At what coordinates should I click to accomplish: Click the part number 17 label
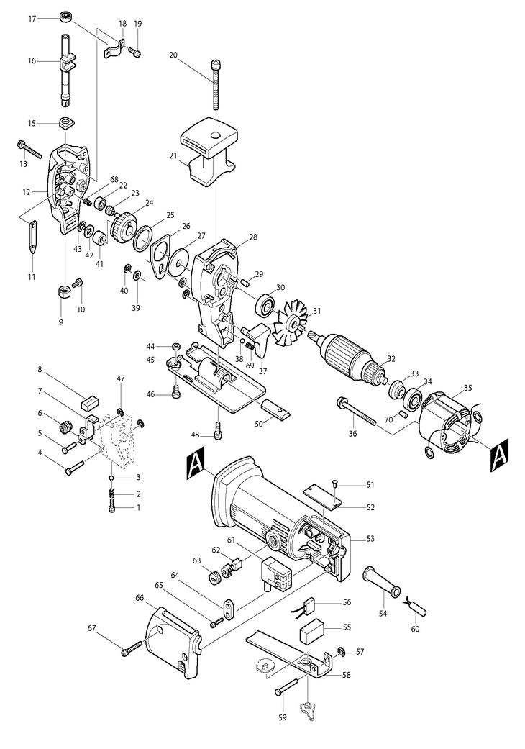pos(32,19)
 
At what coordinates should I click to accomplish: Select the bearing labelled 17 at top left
pos(65,17)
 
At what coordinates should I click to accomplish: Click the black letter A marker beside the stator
pos(500,455)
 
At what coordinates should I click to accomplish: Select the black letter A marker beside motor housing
pos(196,463)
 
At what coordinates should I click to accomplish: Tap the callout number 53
pos(370,539)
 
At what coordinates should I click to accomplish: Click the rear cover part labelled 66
pos(173,642)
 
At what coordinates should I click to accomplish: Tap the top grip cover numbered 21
pos(208,152)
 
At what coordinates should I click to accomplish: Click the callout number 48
pos(194,435)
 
